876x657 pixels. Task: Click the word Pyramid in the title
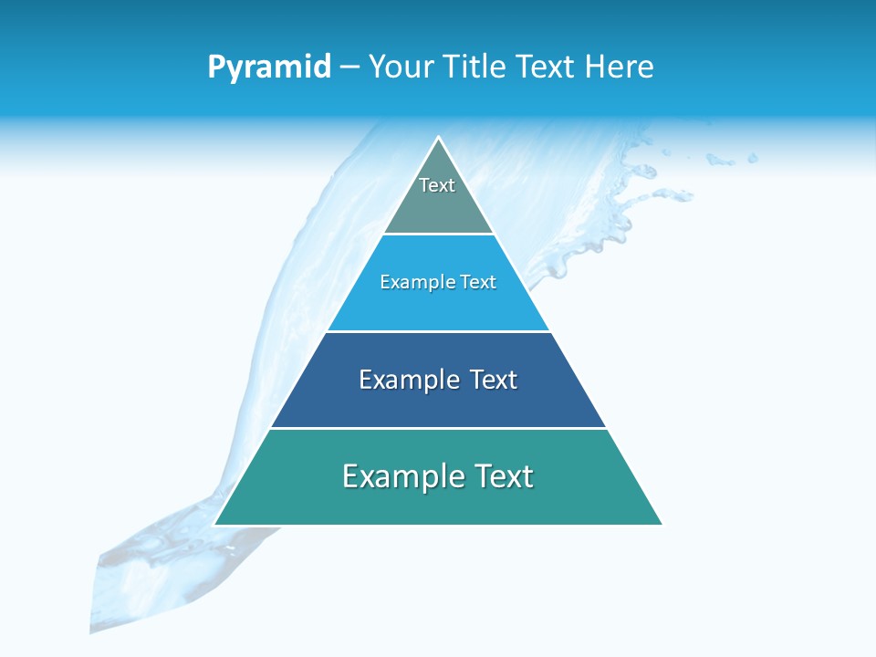[269, 68]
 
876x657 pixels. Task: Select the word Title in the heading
[475, 68]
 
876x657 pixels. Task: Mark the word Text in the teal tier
[503, 476]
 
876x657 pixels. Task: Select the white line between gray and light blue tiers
[438, 235]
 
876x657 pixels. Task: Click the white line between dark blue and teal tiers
[438, 428]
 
